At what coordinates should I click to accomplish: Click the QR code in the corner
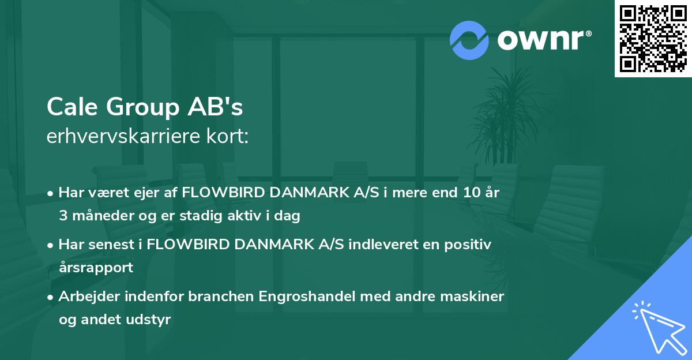click(x=653, y=39)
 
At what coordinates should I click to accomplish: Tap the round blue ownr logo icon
click(x=469, y=40)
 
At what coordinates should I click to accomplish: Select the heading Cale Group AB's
click(x=145, y=107)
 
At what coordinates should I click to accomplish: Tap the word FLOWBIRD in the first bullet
click(x=219, y=193)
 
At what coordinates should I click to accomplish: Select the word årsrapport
click(x=96, y=268)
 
